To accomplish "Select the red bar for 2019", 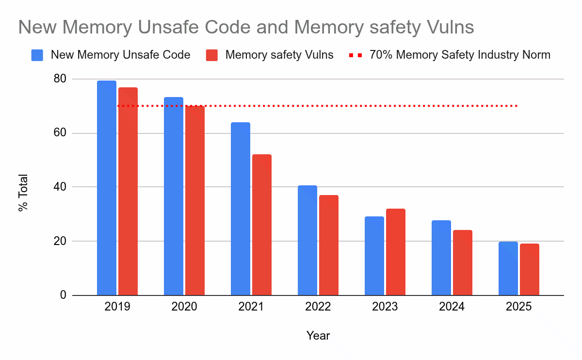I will (x=128, y=191).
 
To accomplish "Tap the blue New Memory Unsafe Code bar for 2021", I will (x=240, y=209).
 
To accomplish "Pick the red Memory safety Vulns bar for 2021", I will (x=262, y=225).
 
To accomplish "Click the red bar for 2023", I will (x=396, y=252).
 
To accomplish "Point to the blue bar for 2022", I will (x=307, y=240).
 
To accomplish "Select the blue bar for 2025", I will (x=508, y=268).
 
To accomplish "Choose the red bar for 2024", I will (x=463, y=262).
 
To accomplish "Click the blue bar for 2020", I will (x=173, y=196).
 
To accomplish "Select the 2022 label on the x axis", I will (x=318, y=307).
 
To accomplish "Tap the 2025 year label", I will (x=518, y=307).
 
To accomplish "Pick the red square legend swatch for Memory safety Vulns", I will (x=212, y=55).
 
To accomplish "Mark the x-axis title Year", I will (x=318, y=335).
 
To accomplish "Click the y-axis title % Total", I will (x=23, y=193).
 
